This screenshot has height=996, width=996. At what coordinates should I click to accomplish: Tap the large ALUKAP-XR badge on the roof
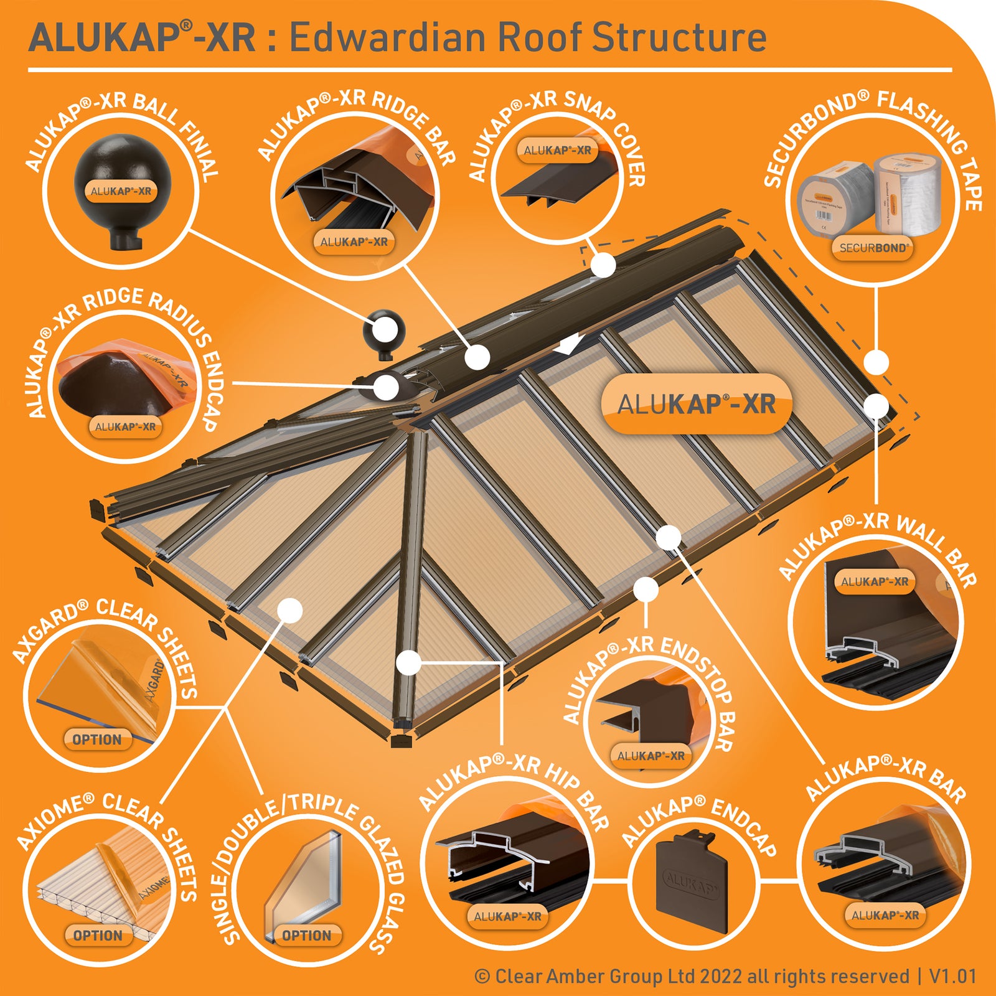(696, 404)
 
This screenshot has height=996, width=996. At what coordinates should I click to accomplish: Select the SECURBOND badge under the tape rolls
(873, 248)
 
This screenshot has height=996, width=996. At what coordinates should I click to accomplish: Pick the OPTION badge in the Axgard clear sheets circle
(97, 740)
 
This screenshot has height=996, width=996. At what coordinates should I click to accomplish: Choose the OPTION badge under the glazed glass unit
(307, 935)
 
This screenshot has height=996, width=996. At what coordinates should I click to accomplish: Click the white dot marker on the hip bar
(409, 663)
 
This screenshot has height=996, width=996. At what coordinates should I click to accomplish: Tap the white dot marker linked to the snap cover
(603, 265)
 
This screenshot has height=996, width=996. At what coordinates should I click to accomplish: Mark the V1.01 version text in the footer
(953, 975)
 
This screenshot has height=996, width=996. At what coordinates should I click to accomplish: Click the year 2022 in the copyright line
(721, 975)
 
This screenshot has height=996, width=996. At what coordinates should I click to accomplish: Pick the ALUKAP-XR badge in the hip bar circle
(507, 916)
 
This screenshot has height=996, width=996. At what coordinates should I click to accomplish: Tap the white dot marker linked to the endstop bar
(646, 589)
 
